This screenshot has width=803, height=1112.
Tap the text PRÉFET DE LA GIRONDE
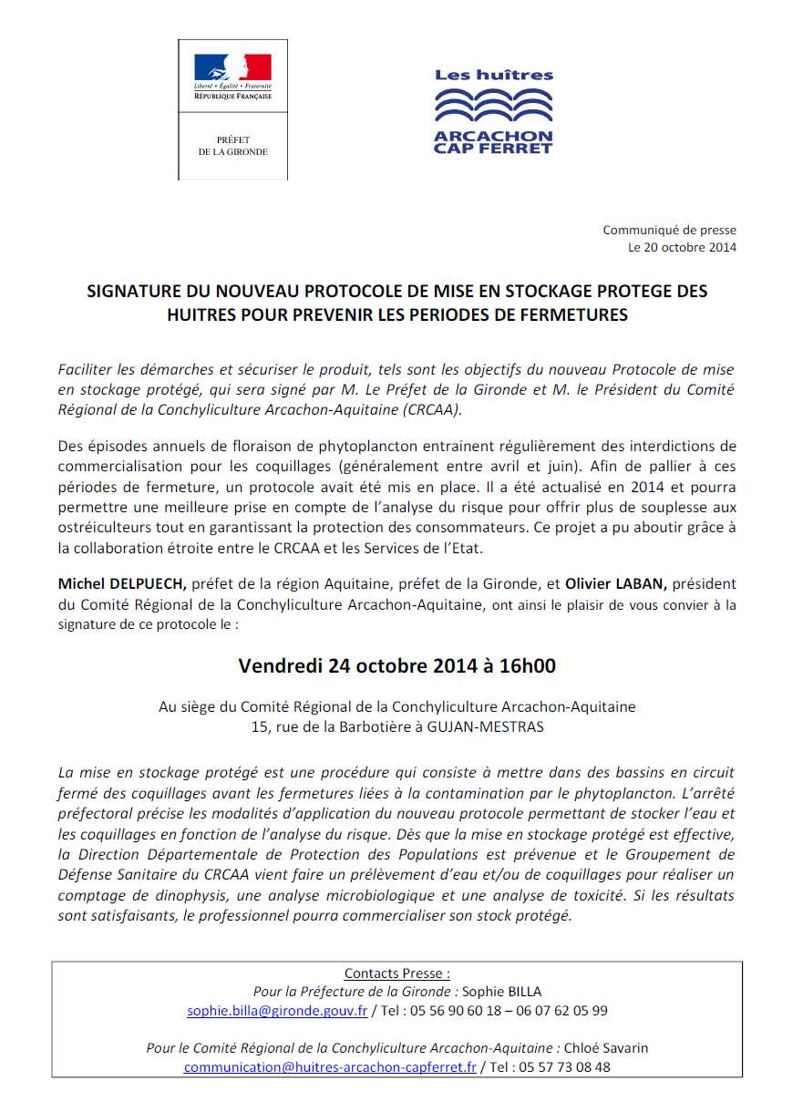click(232, 146)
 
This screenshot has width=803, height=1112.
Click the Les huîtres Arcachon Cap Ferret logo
click(493, 111)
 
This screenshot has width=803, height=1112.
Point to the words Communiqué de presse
click(669, 231)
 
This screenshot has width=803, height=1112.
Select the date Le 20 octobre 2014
click(682, 247)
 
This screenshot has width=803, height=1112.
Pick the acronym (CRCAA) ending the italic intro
click(429, 409)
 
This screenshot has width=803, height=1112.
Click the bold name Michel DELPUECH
click(122, 583)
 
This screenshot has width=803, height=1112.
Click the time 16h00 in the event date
click(527, 666)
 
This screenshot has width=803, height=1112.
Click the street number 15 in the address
click(260, 726)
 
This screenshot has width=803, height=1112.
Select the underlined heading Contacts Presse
click(396, 973)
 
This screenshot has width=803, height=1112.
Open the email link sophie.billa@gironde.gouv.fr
click(277, 1010)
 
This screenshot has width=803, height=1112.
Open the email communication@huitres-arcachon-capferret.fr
click(330, 1066)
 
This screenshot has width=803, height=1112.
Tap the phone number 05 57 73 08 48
click(564, 1066)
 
